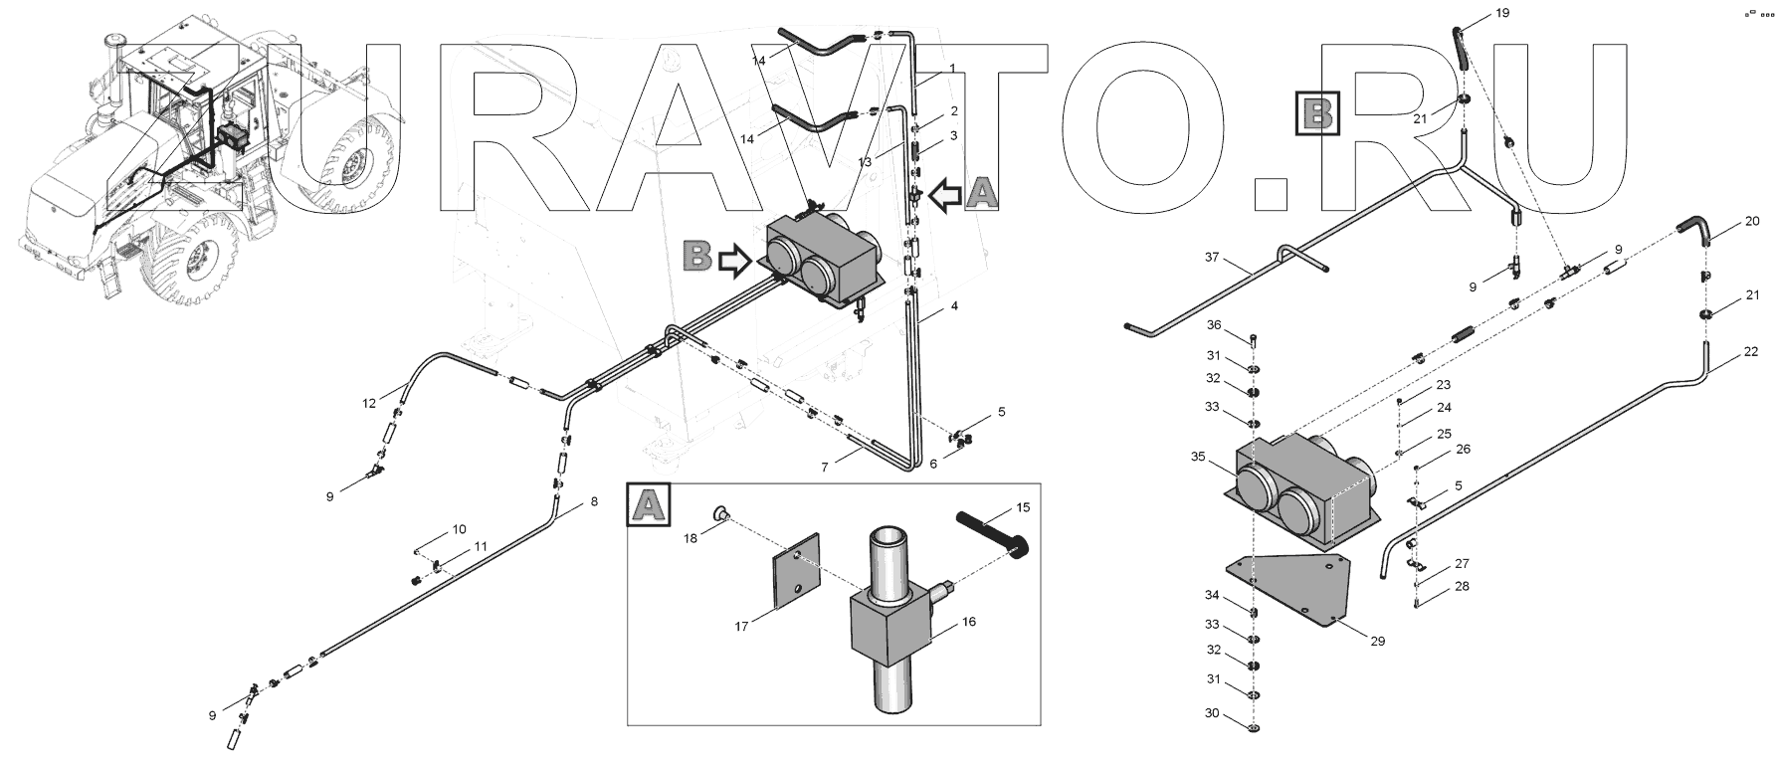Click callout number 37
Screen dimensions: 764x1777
[1211, 257]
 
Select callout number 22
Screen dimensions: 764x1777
[1751, 352]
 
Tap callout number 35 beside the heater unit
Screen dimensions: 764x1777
[1198, 458]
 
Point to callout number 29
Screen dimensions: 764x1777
[1377, 642]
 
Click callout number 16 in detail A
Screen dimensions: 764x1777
[969, 622]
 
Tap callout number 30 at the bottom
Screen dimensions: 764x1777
[1211, 713]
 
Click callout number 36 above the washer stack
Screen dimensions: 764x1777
[1214, 325]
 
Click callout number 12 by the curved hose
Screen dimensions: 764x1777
[369, 403]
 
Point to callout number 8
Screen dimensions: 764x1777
[594, 501]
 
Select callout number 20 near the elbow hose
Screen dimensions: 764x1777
[1752, 221]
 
